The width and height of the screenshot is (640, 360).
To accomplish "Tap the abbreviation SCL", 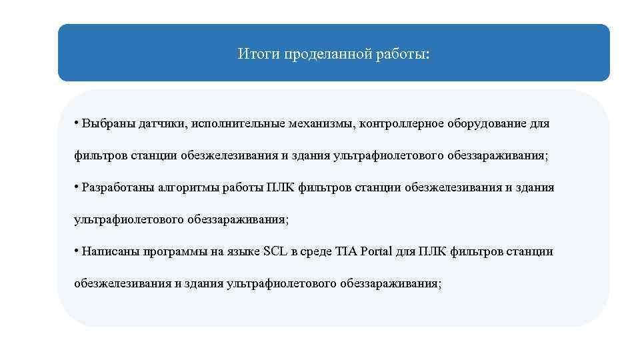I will [x=275, y=252].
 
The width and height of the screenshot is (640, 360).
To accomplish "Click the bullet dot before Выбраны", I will [x=77, y=123].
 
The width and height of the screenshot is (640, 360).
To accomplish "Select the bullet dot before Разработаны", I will [x=77, y=187].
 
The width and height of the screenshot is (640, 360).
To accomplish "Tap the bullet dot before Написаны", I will [x=77, y=251].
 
